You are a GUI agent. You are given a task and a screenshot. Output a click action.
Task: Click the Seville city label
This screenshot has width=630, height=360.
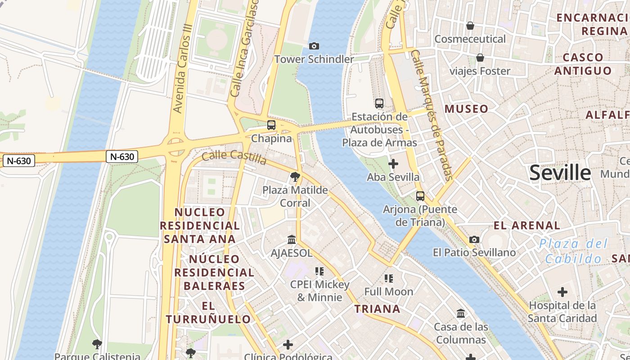(x=560, y=172)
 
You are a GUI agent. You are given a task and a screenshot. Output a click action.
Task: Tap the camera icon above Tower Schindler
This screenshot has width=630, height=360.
(x=314, y=46)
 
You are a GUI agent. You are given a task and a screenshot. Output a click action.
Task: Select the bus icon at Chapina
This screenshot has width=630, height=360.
(x=271, y=125)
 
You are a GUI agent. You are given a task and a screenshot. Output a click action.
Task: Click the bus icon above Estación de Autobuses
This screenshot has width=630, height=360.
(x=379, y=103)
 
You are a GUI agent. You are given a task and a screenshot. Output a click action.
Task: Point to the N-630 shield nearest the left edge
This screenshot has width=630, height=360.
(x=18, y=161)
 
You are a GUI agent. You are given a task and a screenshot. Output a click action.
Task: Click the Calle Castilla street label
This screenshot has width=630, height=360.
(x=234, y=157)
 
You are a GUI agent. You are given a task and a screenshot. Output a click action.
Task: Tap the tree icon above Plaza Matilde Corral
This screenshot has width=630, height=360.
(x=295, y=177)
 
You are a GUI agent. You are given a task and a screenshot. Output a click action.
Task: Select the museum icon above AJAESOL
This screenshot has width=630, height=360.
(x=292, y=239)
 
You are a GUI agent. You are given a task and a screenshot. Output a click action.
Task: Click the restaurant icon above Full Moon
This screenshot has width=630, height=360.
(x=389, y=279)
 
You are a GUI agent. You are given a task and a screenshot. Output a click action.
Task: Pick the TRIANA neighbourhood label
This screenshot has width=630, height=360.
(x=377, y=309)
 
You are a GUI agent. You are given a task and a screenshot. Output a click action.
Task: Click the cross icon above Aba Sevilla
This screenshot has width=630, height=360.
(x=393, y=164)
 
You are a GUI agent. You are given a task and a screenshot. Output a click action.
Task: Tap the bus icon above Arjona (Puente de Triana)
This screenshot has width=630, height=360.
(x=420, y=196)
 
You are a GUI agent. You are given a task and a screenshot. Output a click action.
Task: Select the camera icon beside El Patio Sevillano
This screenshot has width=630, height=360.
(x=474, y=239)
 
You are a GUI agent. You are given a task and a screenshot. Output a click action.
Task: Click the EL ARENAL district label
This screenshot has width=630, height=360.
(x=527, y=225)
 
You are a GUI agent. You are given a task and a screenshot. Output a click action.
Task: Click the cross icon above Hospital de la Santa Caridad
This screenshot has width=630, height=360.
(x=562, y=292)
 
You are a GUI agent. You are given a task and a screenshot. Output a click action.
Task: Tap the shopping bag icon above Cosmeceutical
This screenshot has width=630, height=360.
(x=470, y=26)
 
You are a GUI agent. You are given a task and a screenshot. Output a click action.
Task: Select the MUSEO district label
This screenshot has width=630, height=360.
(x=466, y=109)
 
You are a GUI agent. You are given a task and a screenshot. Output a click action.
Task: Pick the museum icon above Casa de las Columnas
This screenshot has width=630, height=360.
(x=461, y=313)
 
